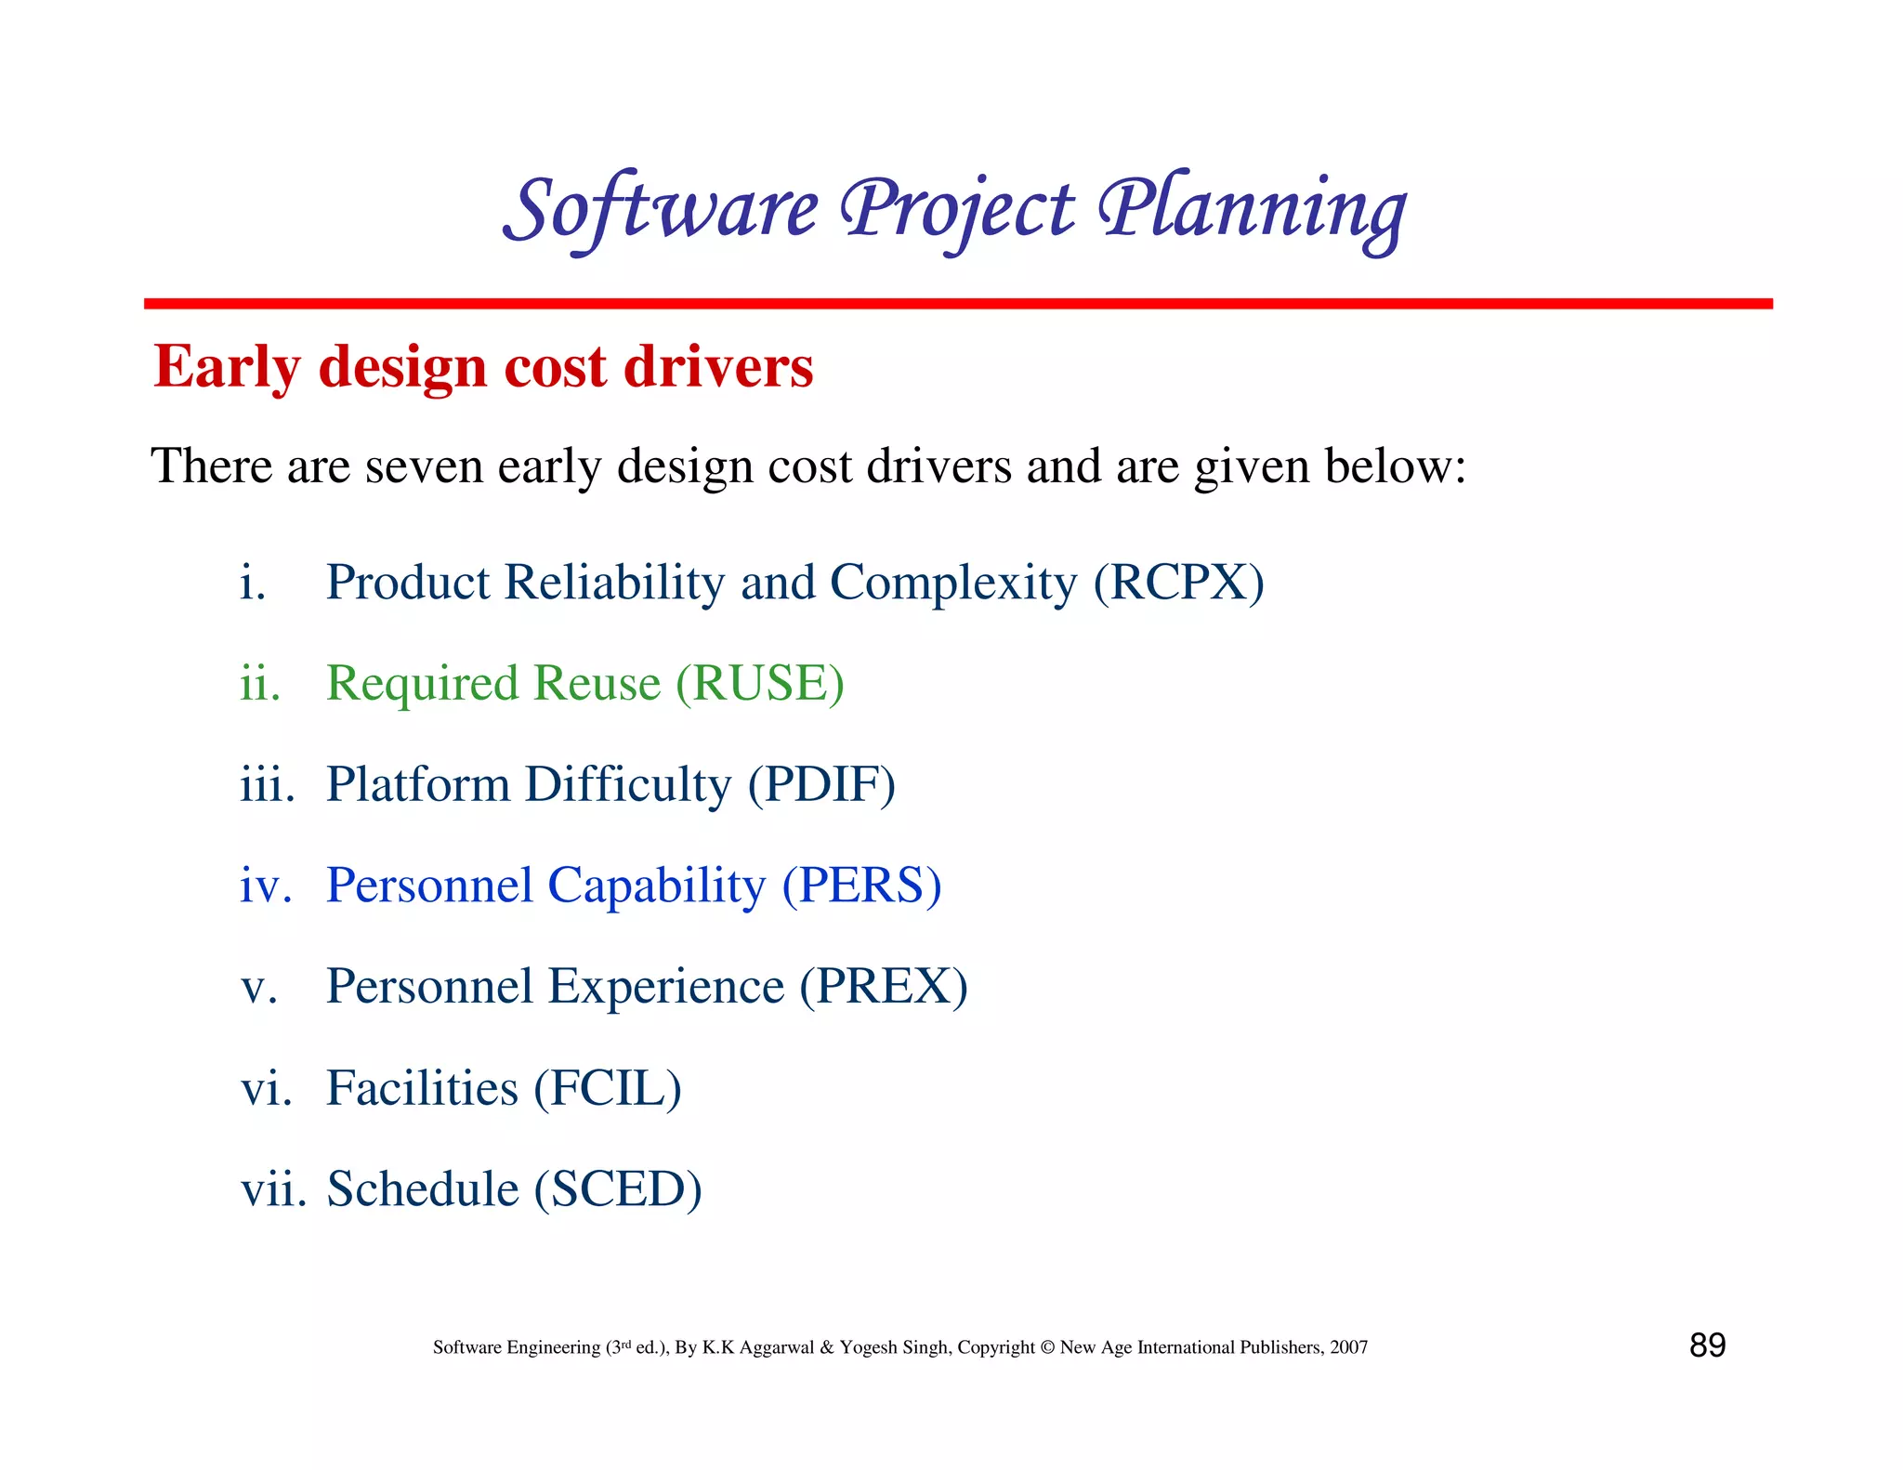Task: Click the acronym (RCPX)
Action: point(1178,584)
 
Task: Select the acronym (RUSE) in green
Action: point(760,684)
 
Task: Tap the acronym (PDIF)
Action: point(821,785)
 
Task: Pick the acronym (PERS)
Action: point(861,886)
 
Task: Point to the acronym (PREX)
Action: point(884,987)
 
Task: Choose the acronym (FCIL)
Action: point(608,1088)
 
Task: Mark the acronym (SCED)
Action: point(618,1189)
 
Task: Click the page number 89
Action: point(1707,1345)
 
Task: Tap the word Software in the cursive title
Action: point(662,210)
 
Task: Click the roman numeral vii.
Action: point(272,1189)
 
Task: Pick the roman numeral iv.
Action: point(266,886)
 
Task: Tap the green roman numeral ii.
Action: point(259,684)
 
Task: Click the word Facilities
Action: point(422,1088)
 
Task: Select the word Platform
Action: point(418,785)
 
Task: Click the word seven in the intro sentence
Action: point(424,466)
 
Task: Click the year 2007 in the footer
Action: point(1348,1347)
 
